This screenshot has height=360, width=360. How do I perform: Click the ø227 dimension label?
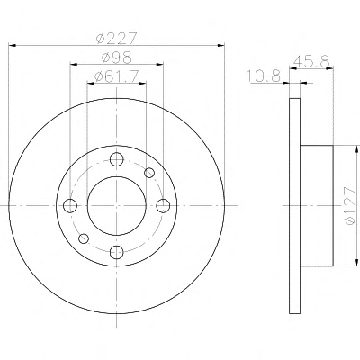[116, 39]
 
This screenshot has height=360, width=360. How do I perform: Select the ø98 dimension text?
[116, 58]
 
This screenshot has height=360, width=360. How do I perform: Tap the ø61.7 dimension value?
[116, 76]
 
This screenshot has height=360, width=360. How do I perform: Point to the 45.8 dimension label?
[311, 62]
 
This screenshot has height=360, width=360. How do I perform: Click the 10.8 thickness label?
[264, 76]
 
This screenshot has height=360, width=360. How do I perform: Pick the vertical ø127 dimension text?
[350, 205]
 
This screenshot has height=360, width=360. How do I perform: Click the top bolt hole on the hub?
[116, 159]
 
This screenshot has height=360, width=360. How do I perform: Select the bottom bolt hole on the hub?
[116, 252]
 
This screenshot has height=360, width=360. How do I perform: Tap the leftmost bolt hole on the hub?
[70, 206]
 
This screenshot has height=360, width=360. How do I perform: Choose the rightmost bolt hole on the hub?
[163, 206]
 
